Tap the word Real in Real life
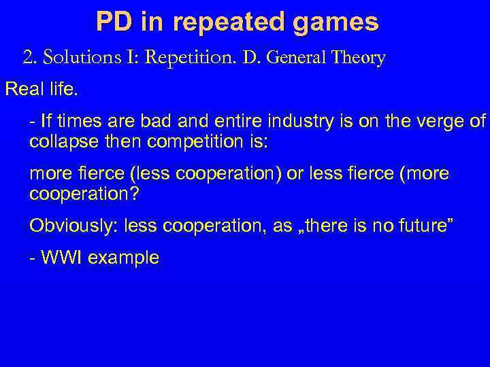coord(21,90)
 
